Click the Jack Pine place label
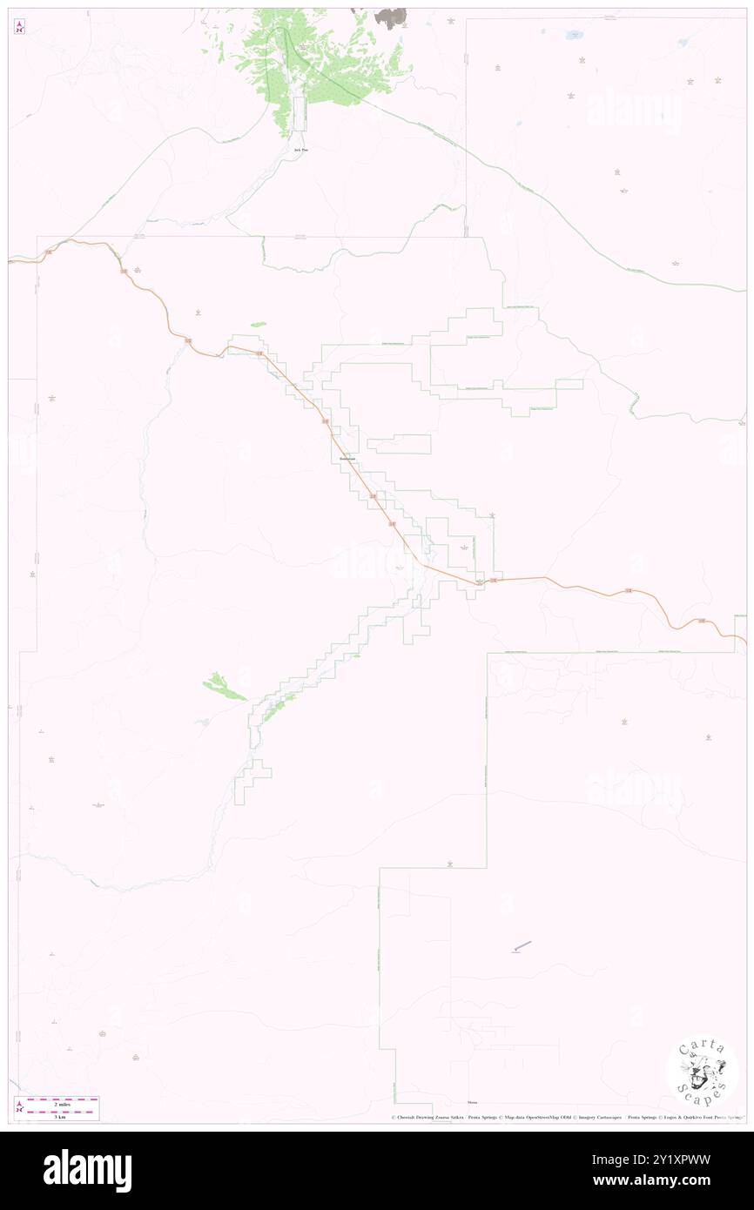pyautogui.click(x=300, y=150)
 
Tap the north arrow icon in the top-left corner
pyautogui.click(x=19, y=27)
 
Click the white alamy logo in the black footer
pyautogui.click(x=87, y=1171)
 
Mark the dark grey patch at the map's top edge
pyautogui.click(x=391, y=17)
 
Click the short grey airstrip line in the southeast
pyautogui.click(x=522, y=946)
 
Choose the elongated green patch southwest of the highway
pyautogui.click(x=226, y=688)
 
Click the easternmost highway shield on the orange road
pyautogui.click(x=702, y=621)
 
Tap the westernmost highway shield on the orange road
pyautogui.click(x=49, y=252)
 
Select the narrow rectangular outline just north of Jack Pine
pyautogui.click(x=300, y=114)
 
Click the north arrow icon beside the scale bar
pyautogui.click(x=19, y=1108)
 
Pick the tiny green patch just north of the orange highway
pyautogui.click(x=259, y=325)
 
